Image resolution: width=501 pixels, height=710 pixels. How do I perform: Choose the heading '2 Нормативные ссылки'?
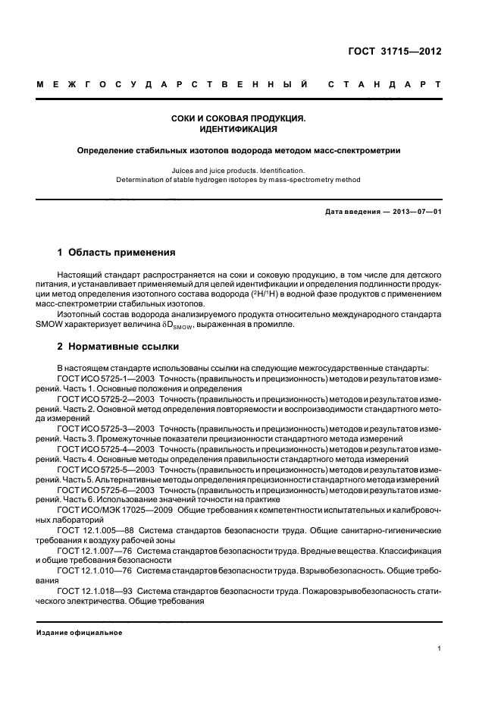[x=118, y=347]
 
